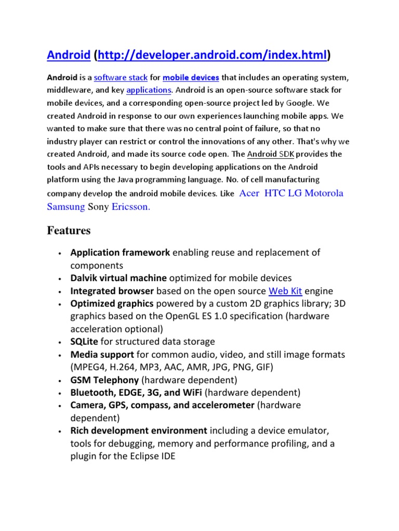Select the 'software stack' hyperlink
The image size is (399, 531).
121,78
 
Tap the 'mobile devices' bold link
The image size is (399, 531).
191,78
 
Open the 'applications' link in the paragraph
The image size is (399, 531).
149,90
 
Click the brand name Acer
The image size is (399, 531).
249,193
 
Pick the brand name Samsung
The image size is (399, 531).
65,207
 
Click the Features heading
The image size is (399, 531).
69,230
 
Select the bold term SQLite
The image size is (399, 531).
84,341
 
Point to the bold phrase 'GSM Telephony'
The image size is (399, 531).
104,380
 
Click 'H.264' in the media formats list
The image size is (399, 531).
123,367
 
